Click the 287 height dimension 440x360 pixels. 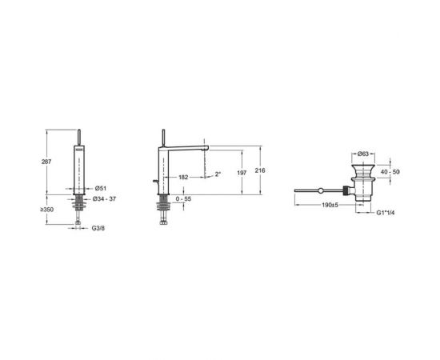point(46,162)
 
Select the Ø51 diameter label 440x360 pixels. point(101,188)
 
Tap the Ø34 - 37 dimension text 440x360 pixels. point(104,198)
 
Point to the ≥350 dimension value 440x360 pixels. point(47,210)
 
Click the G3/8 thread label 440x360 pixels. point(98,228)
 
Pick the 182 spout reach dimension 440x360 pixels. point(183,178)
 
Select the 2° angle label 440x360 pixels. point(218,174)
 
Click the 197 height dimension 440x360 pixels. point(242,173)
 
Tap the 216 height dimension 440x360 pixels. point(260,170)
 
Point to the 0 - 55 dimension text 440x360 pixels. point(183,198)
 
